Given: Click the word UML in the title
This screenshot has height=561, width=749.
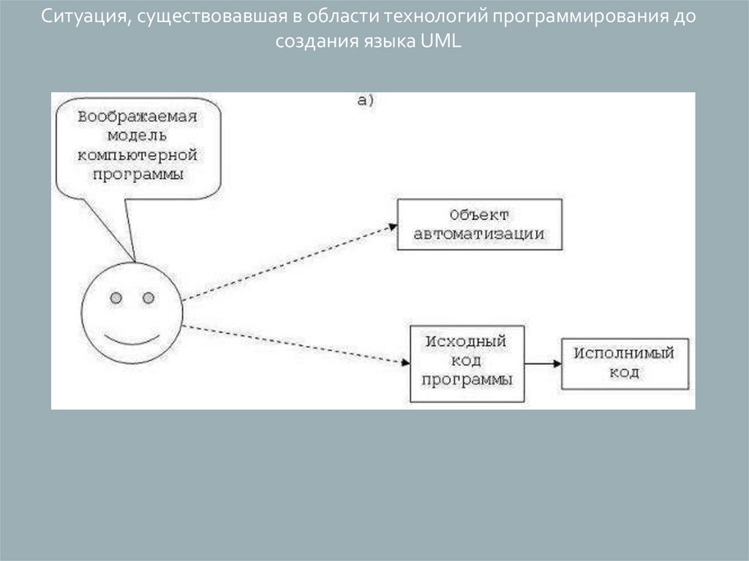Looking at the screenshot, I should (441, 41).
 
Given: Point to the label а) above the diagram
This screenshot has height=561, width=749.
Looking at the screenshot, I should (366, 100).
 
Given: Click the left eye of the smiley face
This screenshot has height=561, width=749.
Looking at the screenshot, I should (116, 298).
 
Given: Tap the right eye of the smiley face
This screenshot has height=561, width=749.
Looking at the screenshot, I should (148, 298).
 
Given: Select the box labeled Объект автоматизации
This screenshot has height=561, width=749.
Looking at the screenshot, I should (479, 225).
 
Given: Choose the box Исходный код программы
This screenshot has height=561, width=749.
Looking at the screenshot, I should (467, 363).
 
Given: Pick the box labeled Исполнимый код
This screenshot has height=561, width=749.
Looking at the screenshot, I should (624, 363).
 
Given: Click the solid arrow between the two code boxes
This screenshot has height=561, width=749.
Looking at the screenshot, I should (542, 363).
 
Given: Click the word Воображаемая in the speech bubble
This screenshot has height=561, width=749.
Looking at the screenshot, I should (138, 117).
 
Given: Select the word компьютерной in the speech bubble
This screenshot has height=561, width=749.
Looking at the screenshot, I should (138, 156).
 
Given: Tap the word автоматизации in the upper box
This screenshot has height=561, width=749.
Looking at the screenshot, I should (479, 235).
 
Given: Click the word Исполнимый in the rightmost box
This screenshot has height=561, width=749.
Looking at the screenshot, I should (624, 353).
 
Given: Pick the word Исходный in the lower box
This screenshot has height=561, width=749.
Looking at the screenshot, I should (467, 342).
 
